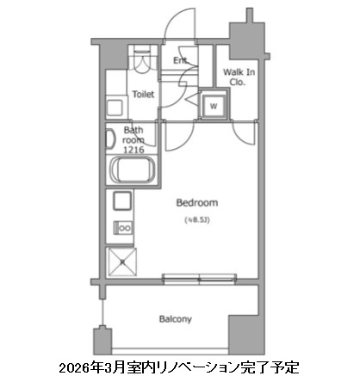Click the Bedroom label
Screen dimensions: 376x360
196,203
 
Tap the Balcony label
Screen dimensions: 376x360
175,319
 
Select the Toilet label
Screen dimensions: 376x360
143,95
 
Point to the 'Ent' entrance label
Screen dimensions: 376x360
180,61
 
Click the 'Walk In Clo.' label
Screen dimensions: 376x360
239,79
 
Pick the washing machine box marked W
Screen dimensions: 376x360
211,106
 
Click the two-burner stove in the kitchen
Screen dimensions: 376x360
122,230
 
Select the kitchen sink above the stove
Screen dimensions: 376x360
121,204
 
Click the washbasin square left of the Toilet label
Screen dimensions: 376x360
115,108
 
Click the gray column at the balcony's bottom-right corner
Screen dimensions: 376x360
242,331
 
